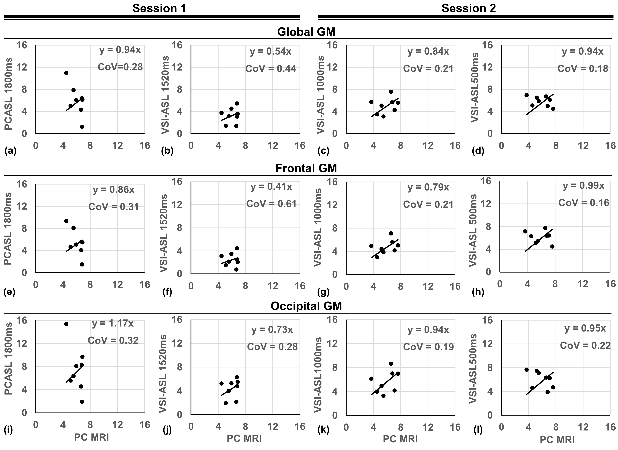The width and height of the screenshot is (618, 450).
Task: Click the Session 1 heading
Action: pos(159,8)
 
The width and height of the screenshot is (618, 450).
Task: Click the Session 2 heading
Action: pos(469,8)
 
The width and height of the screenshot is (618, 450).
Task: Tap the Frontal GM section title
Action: pos(306,168)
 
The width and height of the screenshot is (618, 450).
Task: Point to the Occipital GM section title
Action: pos(306,306)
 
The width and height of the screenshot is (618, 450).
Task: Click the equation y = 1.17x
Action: pos(113,323)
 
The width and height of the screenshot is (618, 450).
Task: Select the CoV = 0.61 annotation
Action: pos(271,204)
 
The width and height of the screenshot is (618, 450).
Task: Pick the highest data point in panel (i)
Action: pos(66,324)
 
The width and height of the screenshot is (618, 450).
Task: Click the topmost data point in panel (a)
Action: pos(66,73)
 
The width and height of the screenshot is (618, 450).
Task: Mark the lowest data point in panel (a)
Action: pos(82,127)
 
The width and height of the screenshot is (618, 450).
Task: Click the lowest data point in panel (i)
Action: pos(82,402)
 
